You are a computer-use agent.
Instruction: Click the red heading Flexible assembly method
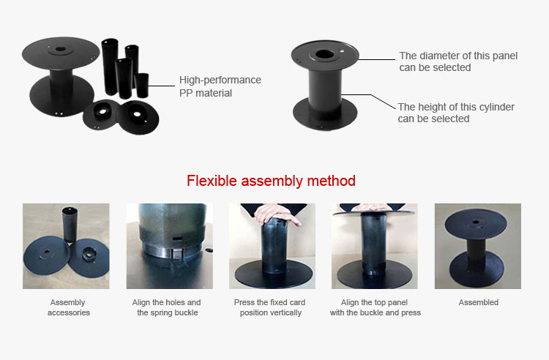pos(271,181)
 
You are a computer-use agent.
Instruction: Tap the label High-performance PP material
pos(220,86)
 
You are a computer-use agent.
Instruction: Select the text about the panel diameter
pos(458,61)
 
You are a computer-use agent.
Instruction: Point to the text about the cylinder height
pos(456,113)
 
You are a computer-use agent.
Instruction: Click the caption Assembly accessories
pos(68,307)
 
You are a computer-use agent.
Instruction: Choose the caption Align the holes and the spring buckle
pos(167,307)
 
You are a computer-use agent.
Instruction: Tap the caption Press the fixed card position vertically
pos(269,307)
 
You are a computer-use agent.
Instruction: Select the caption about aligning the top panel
pos(375,307)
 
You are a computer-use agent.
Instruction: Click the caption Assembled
pos(478,302)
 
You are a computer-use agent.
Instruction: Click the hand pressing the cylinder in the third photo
pos(276,214)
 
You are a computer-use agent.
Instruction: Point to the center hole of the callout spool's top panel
pos(324,55)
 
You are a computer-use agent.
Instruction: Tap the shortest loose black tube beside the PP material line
pos(142,85)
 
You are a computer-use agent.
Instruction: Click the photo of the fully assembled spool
pos(478,247)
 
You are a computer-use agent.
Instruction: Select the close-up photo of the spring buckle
pos(170,247)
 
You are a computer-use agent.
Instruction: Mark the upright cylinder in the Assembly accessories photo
pos(70,224)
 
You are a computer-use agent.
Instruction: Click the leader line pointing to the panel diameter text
pos(376,59)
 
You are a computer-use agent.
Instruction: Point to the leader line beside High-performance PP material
pos(162,86)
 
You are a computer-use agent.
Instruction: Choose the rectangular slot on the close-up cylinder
pos(178,239)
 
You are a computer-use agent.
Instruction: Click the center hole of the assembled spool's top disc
pos(476,222)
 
